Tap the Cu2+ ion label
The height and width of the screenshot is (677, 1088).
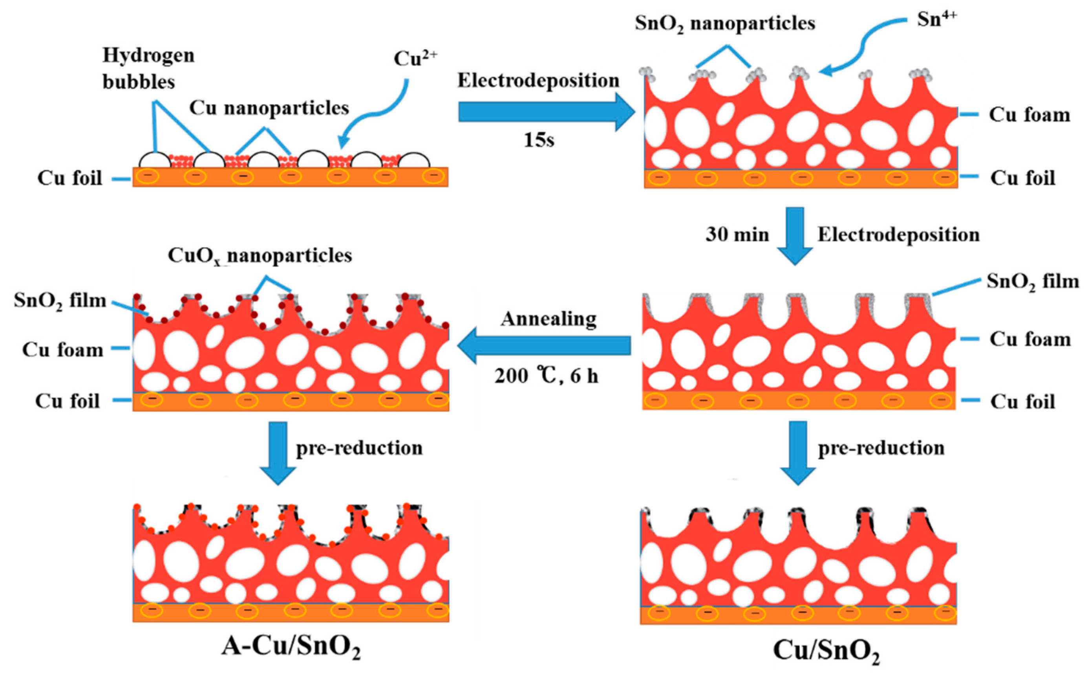415,58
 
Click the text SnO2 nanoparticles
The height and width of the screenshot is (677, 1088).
725,23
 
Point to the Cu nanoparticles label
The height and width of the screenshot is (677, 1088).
269,108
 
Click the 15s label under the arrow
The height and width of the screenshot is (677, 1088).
539,141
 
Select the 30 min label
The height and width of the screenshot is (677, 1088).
737,234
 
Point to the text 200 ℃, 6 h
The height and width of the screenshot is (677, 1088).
546,376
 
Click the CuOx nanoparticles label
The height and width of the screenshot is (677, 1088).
260,256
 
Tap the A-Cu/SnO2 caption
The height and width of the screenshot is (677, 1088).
291,647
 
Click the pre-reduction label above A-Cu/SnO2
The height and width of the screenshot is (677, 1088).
359,448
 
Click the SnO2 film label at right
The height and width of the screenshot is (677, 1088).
1033,282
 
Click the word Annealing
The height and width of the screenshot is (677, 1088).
549,319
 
